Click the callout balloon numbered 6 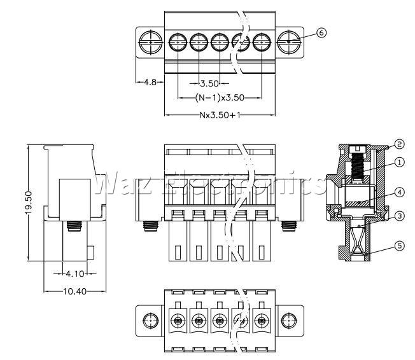pyautogui.click(x=321, y=33)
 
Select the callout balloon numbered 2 pyautogui.click(x=399, y=144)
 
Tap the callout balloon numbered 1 pyautogui.click(x=400, y=162)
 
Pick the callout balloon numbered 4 pyautogui.click(x=400, y=192)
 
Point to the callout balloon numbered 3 pyautogui.click(x=400, y=216)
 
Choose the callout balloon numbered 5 pyautogui.click(x=400, y=246)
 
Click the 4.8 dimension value pyautogui.click(x=150, y=82)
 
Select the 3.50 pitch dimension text pyautogui.click(x=209, y=83)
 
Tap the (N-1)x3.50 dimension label pyautogui.click(x=220, y=98)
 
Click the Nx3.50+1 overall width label pyautogui.click(x=220, y=115)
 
